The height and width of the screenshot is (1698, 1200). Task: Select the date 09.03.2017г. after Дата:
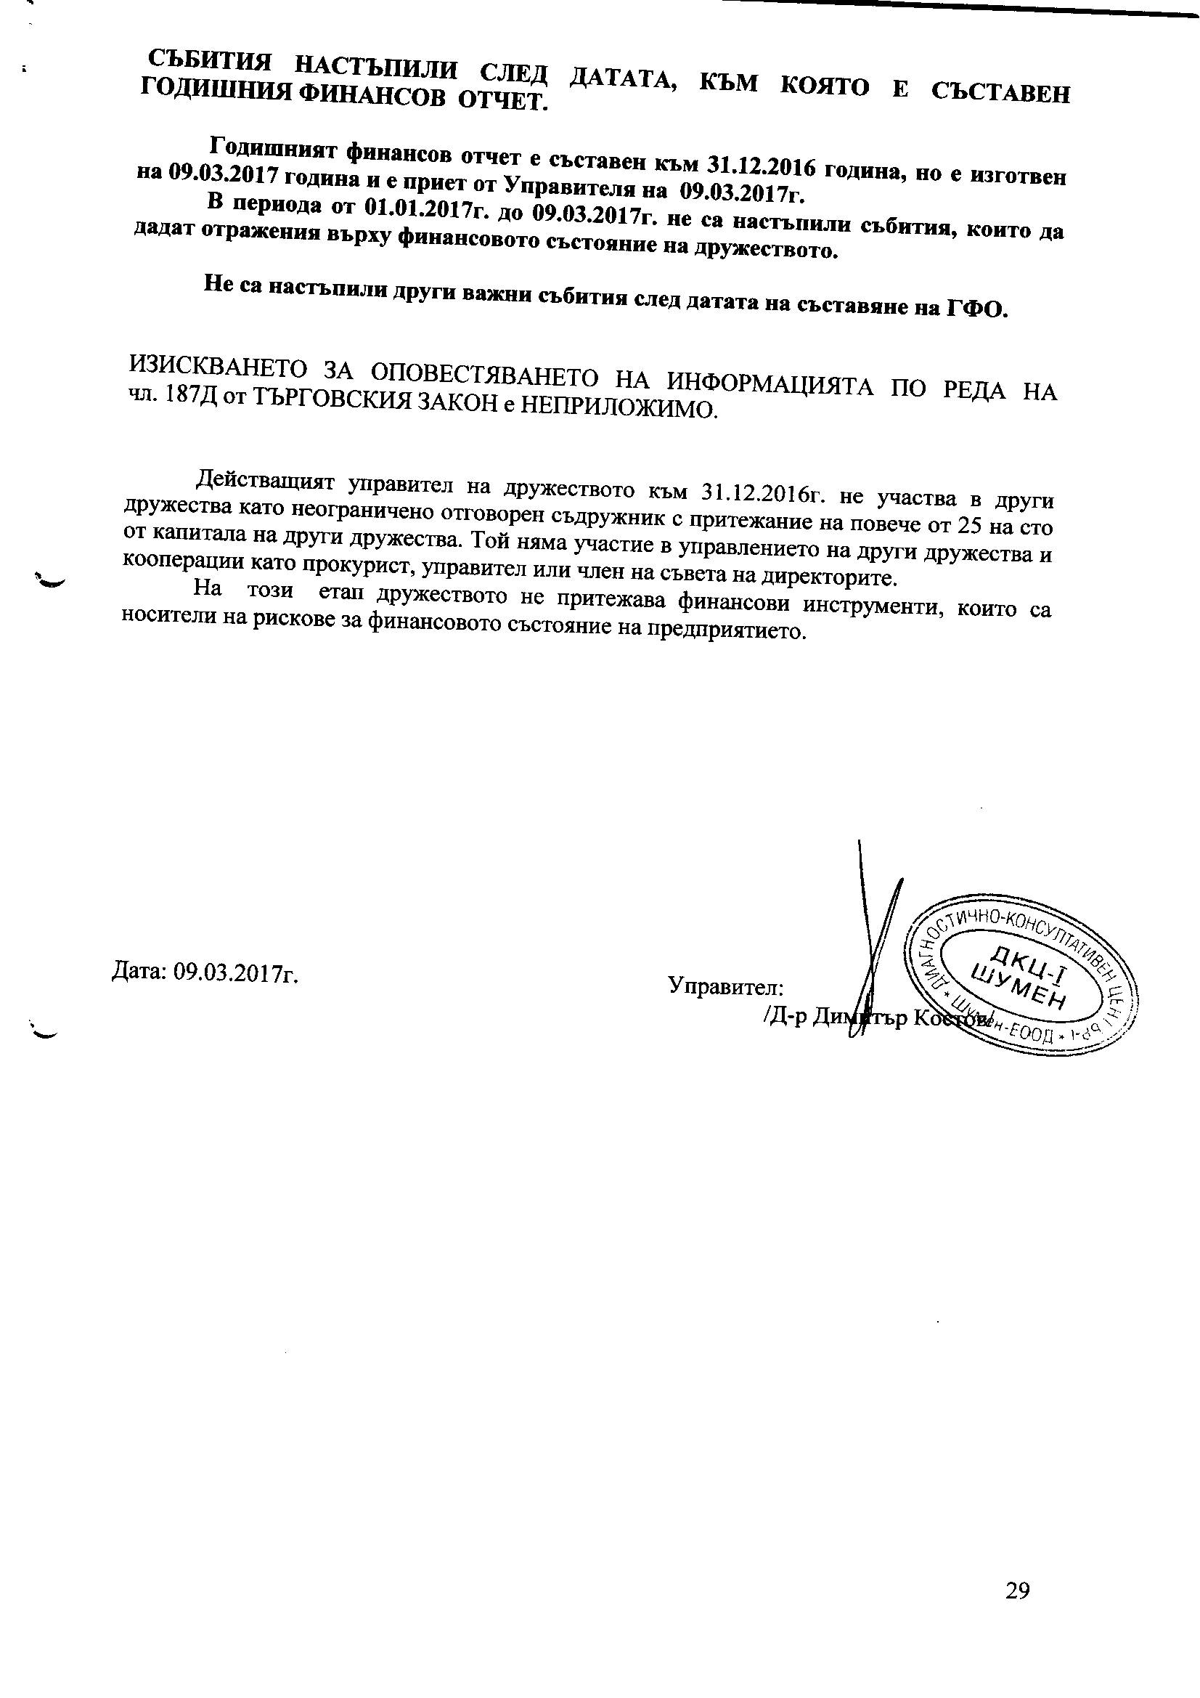coord(235,972)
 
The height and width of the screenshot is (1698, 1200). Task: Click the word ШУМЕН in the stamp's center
coord(1021,991)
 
